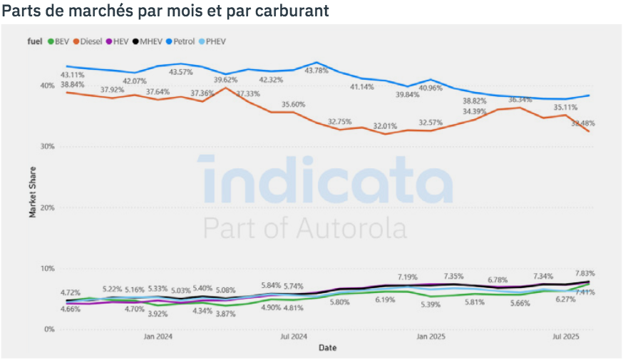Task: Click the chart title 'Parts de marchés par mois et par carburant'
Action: click(165, 12)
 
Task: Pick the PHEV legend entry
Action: click(215, 41)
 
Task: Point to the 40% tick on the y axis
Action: click(47, 86)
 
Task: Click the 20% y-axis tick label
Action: click(47, 207)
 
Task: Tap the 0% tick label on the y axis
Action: click(49, 329)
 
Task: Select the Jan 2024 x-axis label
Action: click(159, 336)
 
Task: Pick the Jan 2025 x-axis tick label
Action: click(431, 336)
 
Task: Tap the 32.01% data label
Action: click(386, 125)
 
